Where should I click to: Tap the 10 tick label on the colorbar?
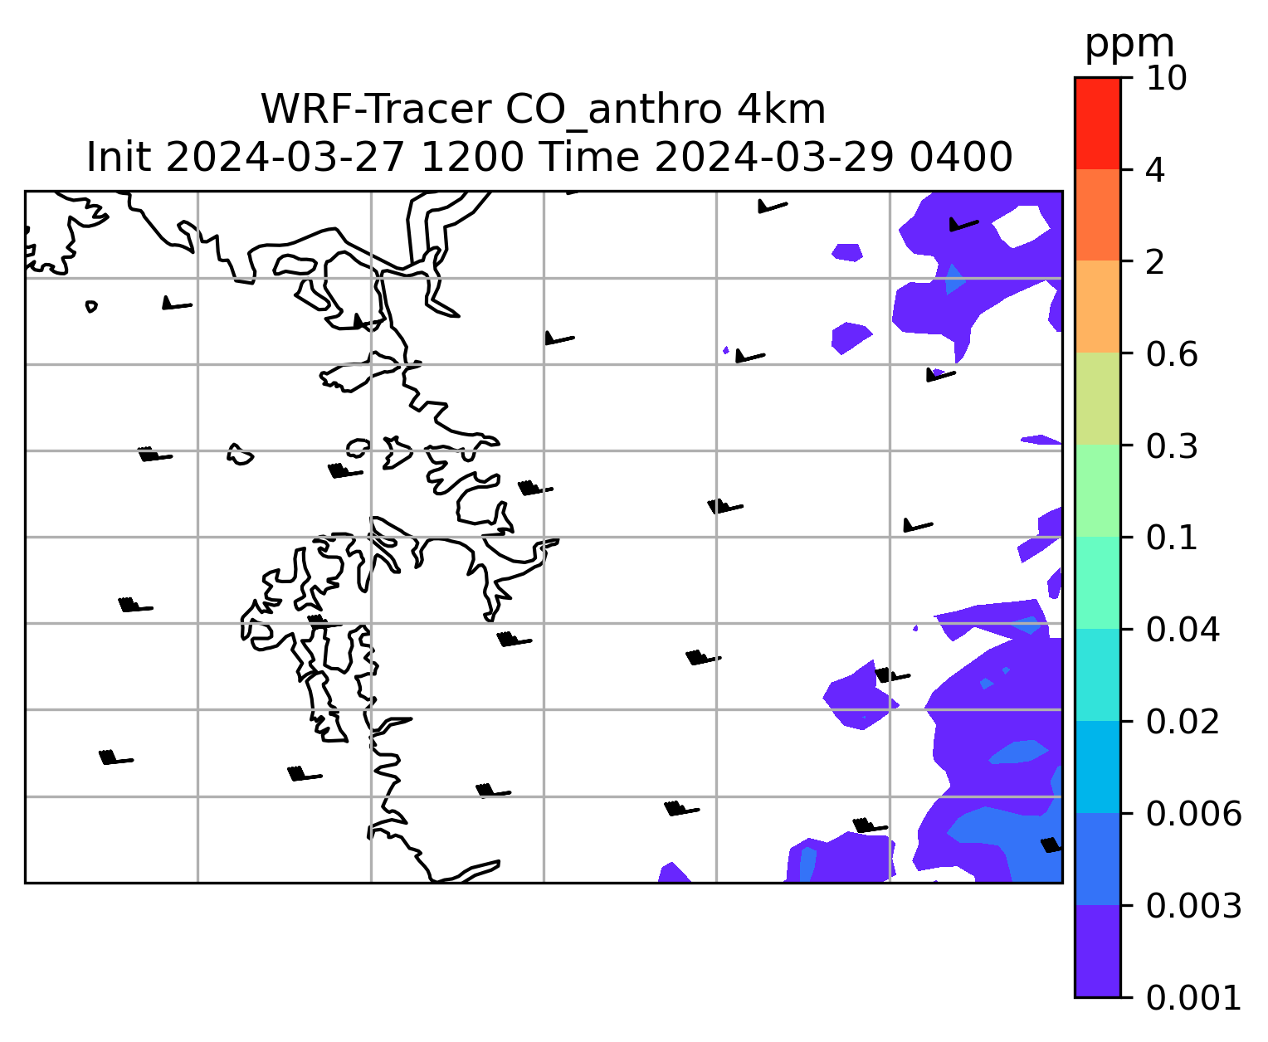point(1166,78)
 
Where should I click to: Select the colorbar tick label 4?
point(1155,170)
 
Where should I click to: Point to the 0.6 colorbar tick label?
point(1171,354)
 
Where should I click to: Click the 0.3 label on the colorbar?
point(1171,446)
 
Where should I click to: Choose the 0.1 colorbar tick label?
point(1171,538)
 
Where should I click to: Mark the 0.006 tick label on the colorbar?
point(1193,814)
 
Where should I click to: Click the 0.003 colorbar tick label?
point(1193,906)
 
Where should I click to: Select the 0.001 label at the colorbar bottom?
point(1193,998)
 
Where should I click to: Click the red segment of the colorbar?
point(1097,124)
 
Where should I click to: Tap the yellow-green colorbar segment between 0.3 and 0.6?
point(1097,398)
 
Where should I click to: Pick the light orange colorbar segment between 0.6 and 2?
point(1097,306)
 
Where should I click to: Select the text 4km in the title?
point(781,110)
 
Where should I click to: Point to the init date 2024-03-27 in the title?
point(285,158)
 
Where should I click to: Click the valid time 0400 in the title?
point(961,158)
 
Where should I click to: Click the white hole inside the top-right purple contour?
point(1021,226)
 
